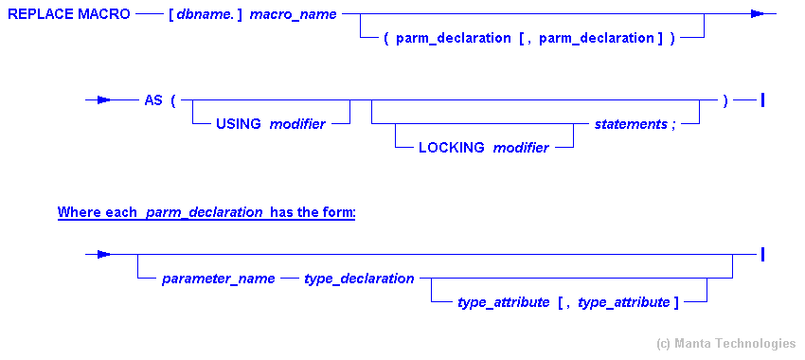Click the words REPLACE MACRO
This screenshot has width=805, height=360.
coord(68,15)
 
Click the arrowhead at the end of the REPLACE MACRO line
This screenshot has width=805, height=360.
coord(759,14)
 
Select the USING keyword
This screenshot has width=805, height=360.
coord(238,124)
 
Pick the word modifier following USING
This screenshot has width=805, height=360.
coord(297,124)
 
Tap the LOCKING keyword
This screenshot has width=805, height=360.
coord(451,148)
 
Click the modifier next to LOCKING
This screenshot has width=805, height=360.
coord(521,148)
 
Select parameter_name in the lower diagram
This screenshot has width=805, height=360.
coord(219,279)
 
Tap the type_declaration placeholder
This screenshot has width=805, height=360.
coord(359,279)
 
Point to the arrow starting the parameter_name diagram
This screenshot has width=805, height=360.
coord(98,254)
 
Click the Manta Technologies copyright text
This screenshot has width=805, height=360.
coord(725,343)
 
